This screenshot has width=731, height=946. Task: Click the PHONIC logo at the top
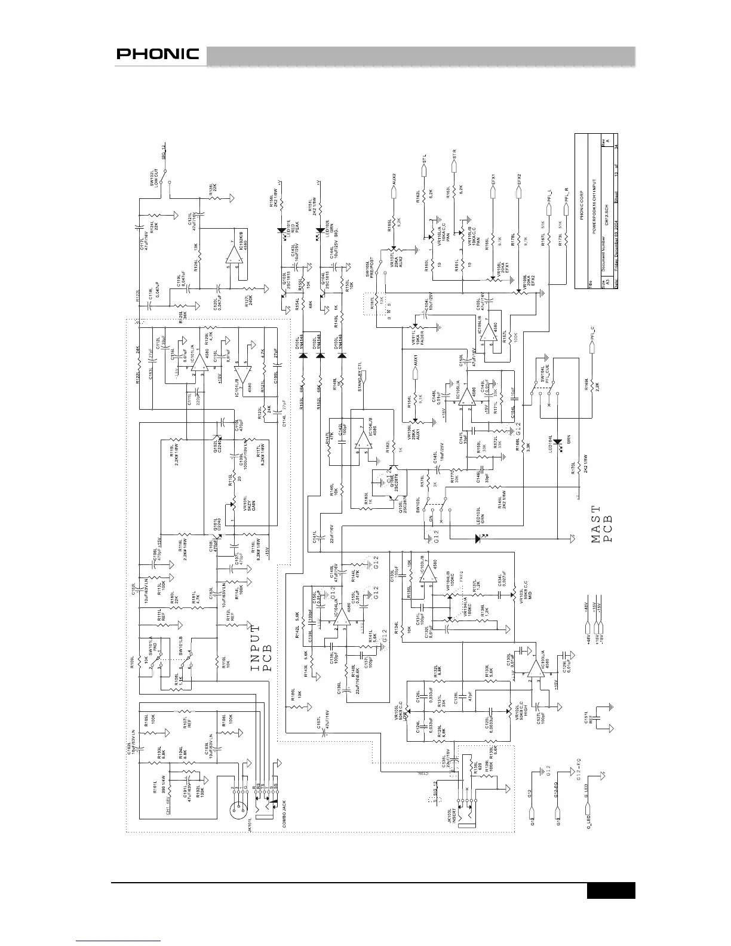[158, 54]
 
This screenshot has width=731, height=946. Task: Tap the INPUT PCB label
[261, 648]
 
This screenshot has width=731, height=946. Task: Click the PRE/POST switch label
[373, 268]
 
